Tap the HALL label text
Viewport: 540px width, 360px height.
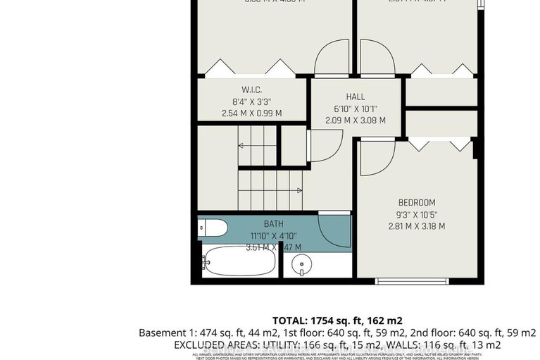click(356, 97)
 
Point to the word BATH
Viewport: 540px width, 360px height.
click(254, 224)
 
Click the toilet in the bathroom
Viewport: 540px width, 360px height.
click(212, 228)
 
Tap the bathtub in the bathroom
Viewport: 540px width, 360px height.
click(239, 261)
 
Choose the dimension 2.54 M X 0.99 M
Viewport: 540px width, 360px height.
click(251, 113)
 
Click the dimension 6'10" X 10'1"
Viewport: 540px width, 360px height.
click(356, 108)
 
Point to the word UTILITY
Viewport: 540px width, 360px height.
click(284, 345)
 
